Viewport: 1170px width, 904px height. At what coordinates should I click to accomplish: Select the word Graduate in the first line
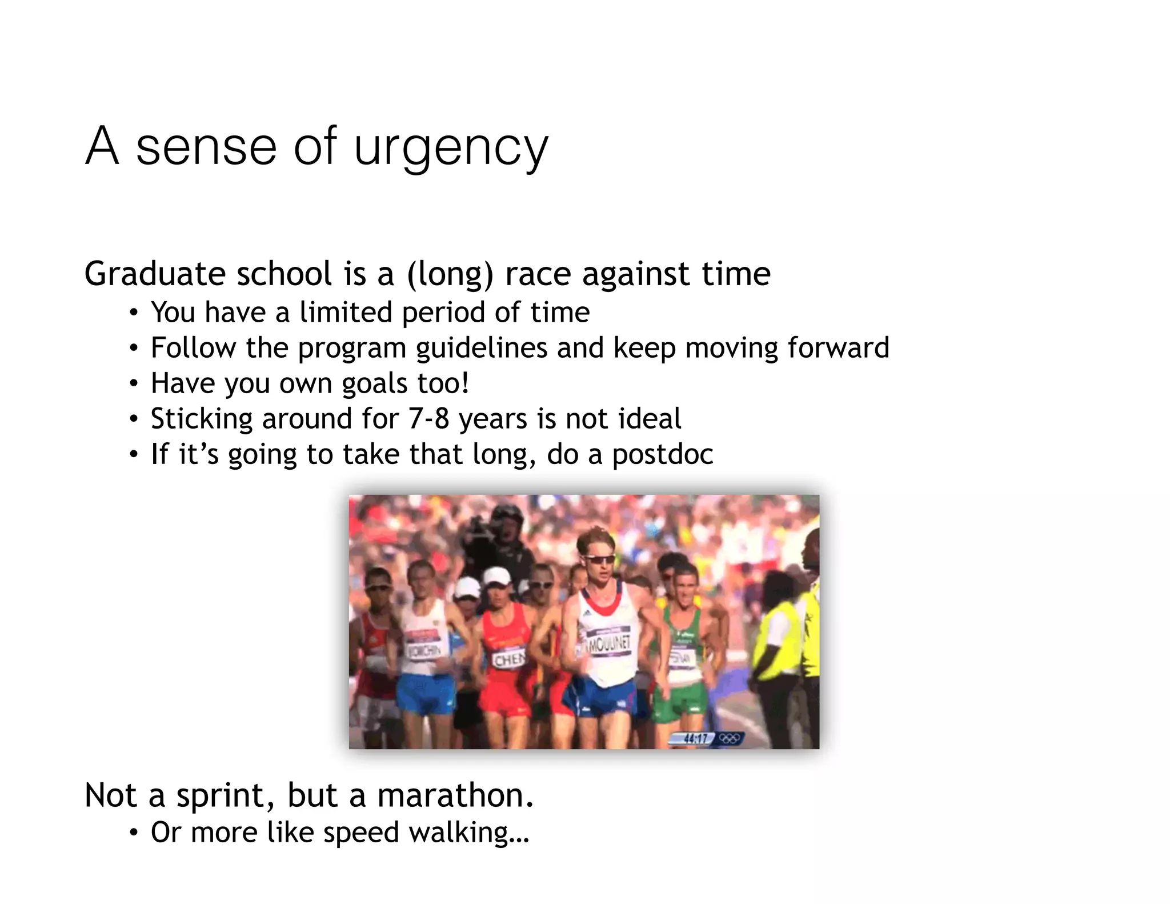(151, 274)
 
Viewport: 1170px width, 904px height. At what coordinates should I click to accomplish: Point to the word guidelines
(482, 348)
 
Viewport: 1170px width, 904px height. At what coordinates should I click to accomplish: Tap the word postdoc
(663, 455)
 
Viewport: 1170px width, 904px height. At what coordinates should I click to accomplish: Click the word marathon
(455, 795)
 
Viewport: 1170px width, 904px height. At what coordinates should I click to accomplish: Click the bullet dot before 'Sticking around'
(133, 419)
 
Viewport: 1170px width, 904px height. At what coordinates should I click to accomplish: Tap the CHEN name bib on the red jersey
(508, 661)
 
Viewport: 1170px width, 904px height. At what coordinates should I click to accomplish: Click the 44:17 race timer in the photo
(695, 738)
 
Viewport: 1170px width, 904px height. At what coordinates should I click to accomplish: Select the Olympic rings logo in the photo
(729, 738)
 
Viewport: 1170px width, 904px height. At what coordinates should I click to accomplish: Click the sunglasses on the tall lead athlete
(598, 559)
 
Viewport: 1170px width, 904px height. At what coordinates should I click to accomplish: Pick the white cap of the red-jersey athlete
(497, 576)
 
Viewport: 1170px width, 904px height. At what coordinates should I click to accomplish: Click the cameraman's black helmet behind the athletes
(506, 517)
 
